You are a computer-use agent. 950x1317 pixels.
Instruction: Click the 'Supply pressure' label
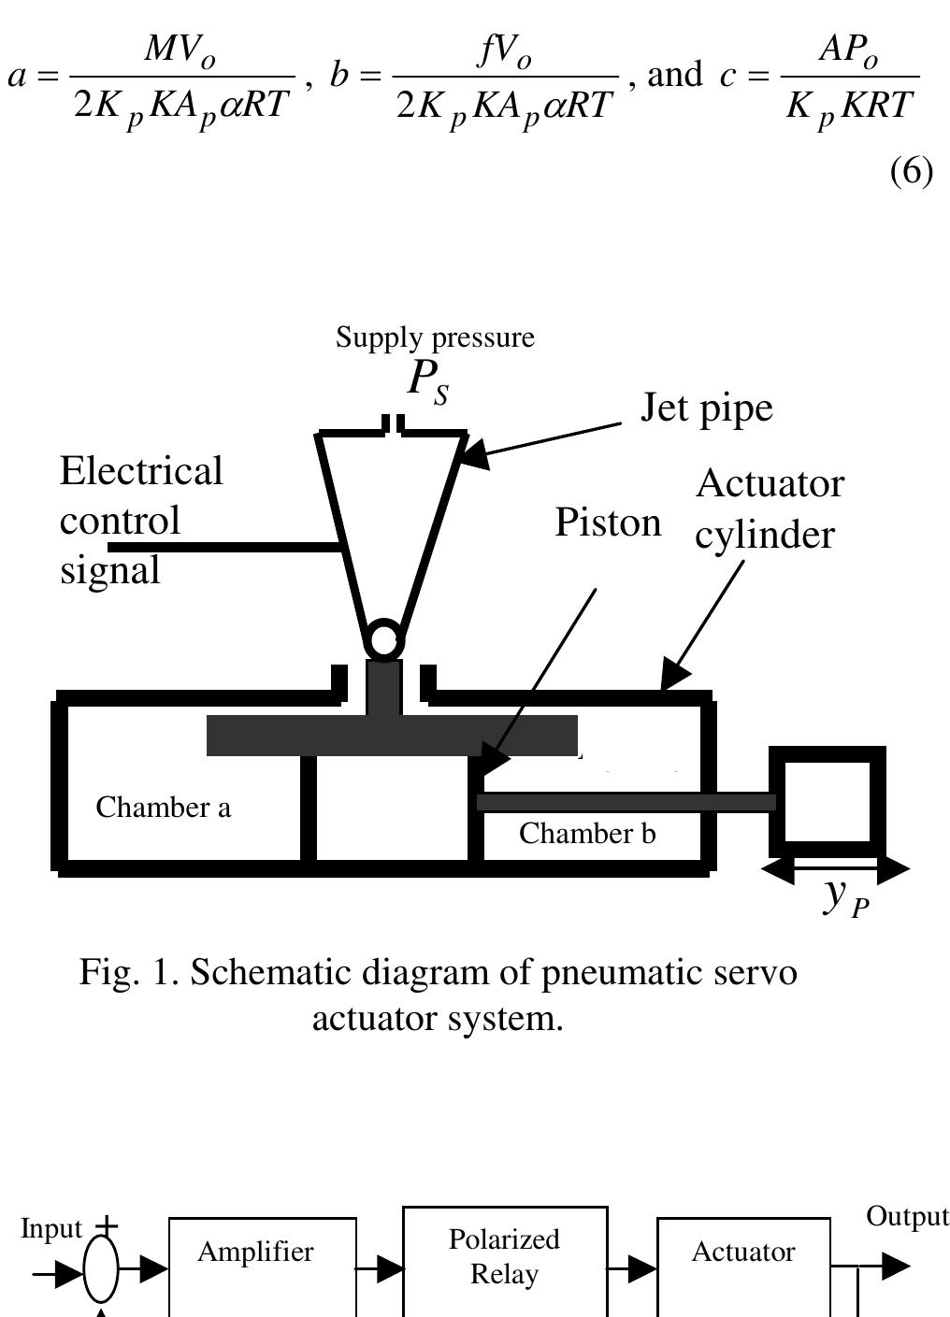click(x=435, y=337)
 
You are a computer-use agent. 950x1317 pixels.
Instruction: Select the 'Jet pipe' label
click(x=706, y=408)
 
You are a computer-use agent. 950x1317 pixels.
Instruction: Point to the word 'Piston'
click(x=608, y=523)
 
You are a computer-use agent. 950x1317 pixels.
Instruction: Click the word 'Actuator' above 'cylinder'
click(x=769, y=484)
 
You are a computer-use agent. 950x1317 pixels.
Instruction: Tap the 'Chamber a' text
click(x=163, y=808)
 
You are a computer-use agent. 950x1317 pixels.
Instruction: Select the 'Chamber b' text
click(x=587, y=834)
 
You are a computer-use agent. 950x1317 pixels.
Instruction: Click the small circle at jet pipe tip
click(x=383, y=641)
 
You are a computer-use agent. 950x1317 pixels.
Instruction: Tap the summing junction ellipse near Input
click(x=101, y=1269)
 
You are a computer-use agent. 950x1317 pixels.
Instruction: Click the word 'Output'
click(x=906, y=1217)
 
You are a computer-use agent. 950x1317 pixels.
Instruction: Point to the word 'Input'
click(x=51, y=1229)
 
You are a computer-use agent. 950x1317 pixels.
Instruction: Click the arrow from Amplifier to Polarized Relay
click(x=381, y=1269)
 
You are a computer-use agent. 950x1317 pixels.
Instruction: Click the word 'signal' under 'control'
click(x=109, y=570)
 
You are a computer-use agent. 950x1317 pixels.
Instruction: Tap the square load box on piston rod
click(x=827, y=801)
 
